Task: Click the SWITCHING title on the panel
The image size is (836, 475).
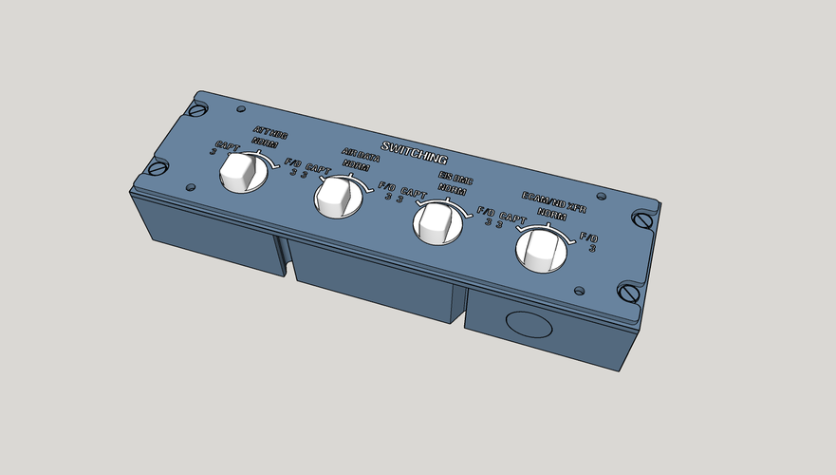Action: click(414, 152)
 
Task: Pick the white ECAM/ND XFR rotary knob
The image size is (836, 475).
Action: click(542, 250)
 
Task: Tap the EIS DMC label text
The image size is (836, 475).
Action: click(456, 179)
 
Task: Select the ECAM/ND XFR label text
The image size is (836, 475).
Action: click(555, 202)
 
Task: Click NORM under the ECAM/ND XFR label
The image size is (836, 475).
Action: click(551, 214)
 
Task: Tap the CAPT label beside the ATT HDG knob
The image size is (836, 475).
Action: click(228, 147)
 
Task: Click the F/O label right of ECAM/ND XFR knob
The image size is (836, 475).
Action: click(588, 237)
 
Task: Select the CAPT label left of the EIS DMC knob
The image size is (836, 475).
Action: click(414, 193)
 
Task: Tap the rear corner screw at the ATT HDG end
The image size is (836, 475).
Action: click(197, 108)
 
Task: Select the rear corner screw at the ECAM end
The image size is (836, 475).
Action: click(645, 221)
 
